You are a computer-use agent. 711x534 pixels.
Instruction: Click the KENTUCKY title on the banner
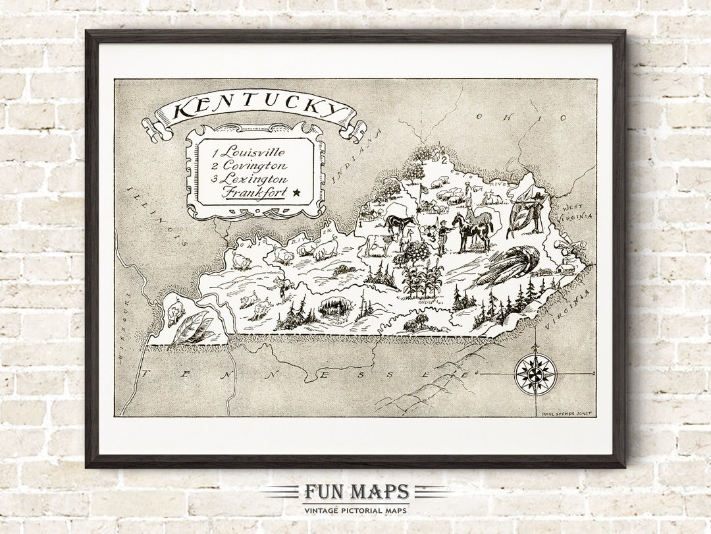coord(254,109)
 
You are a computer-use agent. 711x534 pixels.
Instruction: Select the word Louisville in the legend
coord(253,153)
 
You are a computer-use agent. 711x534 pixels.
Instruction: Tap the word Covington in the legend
coord(254,166)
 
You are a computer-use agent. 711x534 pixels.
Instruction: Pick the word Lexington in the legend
coord(254,179)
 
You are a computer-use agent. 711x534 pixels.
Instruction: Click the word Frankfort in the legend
coord(254,193)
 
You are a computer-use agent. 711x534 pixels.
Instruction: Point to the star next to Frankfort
coord(296,193)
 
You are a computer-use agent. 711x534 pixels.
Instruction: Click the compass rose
coord(535,374)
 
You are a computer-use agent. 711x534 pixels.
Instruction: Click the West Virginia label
coord(577,210)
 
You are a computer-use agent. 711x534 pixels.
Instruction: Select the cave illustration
coord(332,307)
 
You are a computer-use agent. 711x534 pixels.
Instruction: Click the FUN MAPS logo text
coord(355,492)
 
